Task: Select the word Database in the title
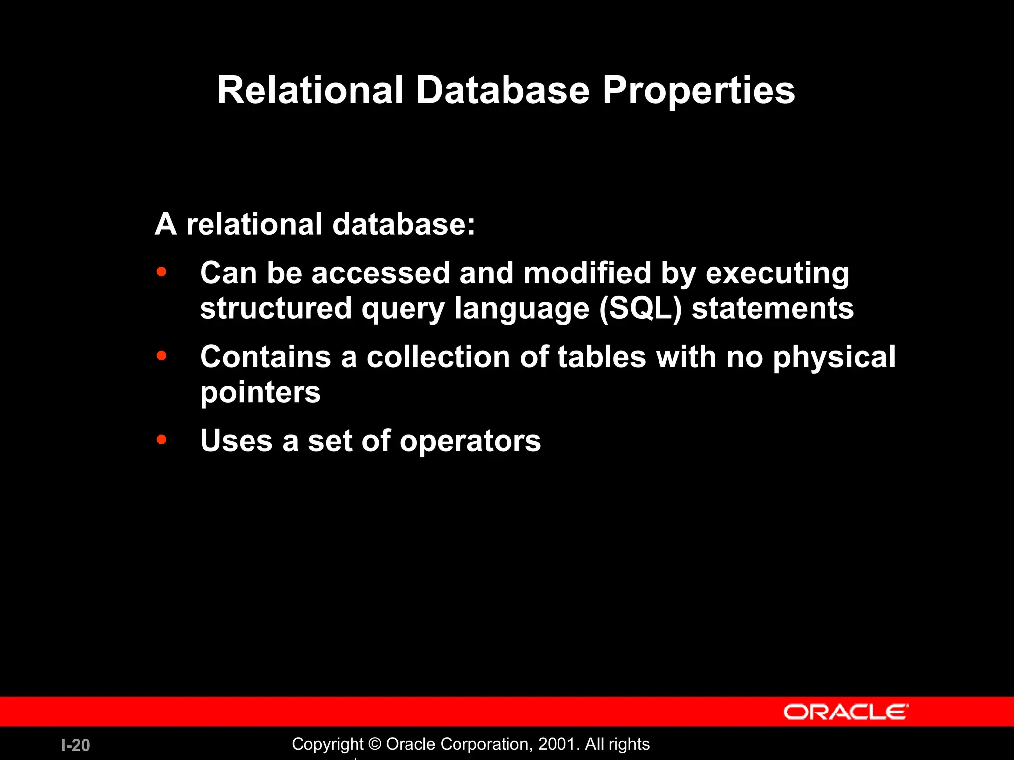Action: click(503, 91)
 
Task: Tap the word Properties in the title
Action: click(698, 92)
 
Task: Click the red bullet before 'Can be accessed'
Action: click(161, 272)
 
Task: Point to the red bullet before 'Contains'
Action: click(161, 356)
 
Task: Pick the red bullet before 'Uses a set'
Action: click(161, 439)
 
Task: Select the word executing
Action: click(777, 274)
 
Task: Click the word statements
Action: click(772, 308)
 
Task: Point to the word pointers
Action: click(260, 393)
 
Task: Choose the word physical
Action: click(834, 358)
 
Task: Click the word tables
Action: click(602, 357)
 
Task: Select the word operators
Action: click(470, 441)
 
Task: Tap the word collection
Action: click(438, 357)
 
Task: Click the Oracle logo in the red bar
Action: click(846, 712)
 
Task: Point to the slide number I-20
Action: click(76, 745)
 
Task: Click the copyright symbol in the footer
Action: click(375, 744)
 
